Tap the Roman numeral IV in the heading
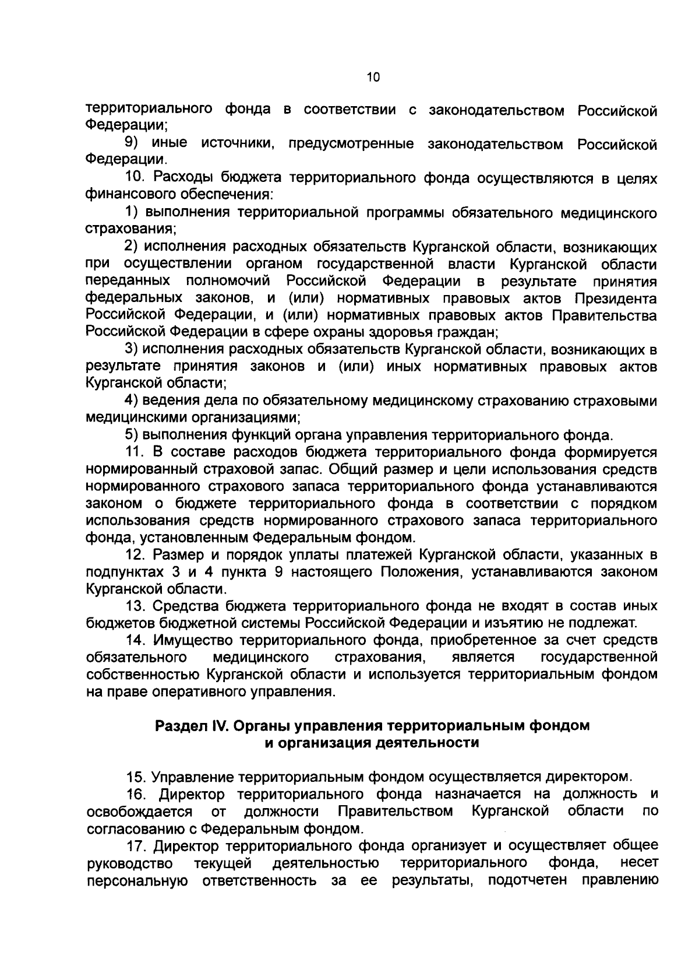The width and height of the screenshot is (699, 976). tap(214, 726)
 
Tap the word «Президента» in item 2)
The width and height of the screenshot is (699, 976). tap(616, 299)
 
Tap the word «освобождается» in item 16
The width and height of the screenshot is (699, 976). tap(139, 812)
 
